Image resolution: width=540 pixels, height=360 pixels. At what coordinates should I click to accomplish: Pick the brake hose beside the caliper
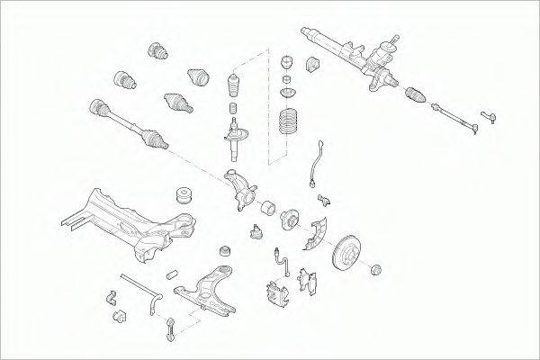(x=283, y=261)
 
